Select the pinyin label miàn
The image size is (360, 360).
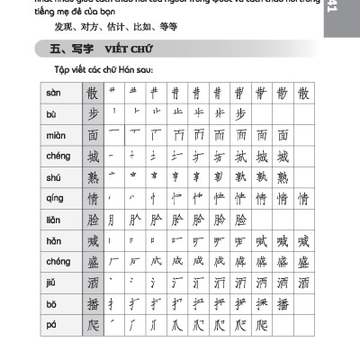tap(55, 136)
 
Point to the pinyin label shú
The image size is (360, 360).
tap(53, 177)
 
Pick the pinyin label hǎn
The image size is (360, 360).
tap(54, 240)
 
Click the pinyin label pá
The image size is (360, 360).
tap(52, 325)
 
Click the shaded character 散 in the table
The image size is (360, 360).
tap(91, 94)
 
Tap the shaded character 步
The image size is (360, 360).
tap(91, 114)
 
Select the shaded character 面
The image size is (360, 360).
tap(91, 136)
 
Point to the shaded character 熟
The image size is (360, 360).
tap(91, 177)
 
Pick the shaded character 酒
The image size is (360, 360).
tap(91, 283)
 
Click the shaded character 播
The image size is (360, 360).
tap(91, 304)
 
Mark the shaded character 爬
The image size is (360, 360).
tap(91, 325)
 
